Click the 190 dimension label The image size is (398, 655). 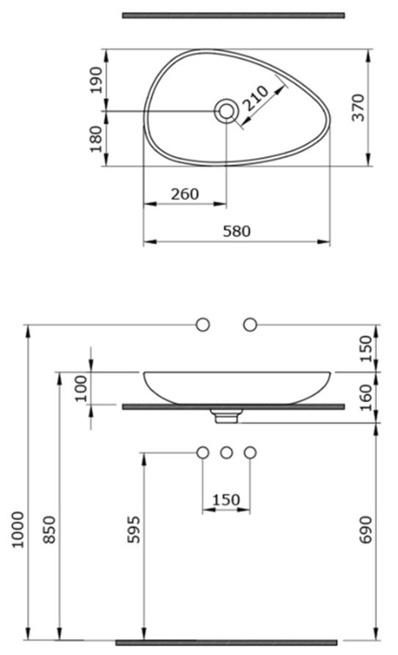[96, 80]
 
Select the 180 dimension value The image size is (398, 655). [96, 139]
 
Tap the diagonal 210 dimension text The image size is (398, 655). [256, 98]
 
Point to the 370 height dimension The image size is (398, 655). [358, 108]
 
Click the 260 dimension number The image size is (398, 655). [185, 194]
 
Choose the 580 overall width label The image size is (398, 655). [237, 231]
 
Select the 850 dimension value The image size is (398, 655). [50, 530]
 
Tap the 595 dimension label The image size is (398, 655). [134, 530]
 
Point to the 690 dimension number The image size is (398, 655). [366, 530]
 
